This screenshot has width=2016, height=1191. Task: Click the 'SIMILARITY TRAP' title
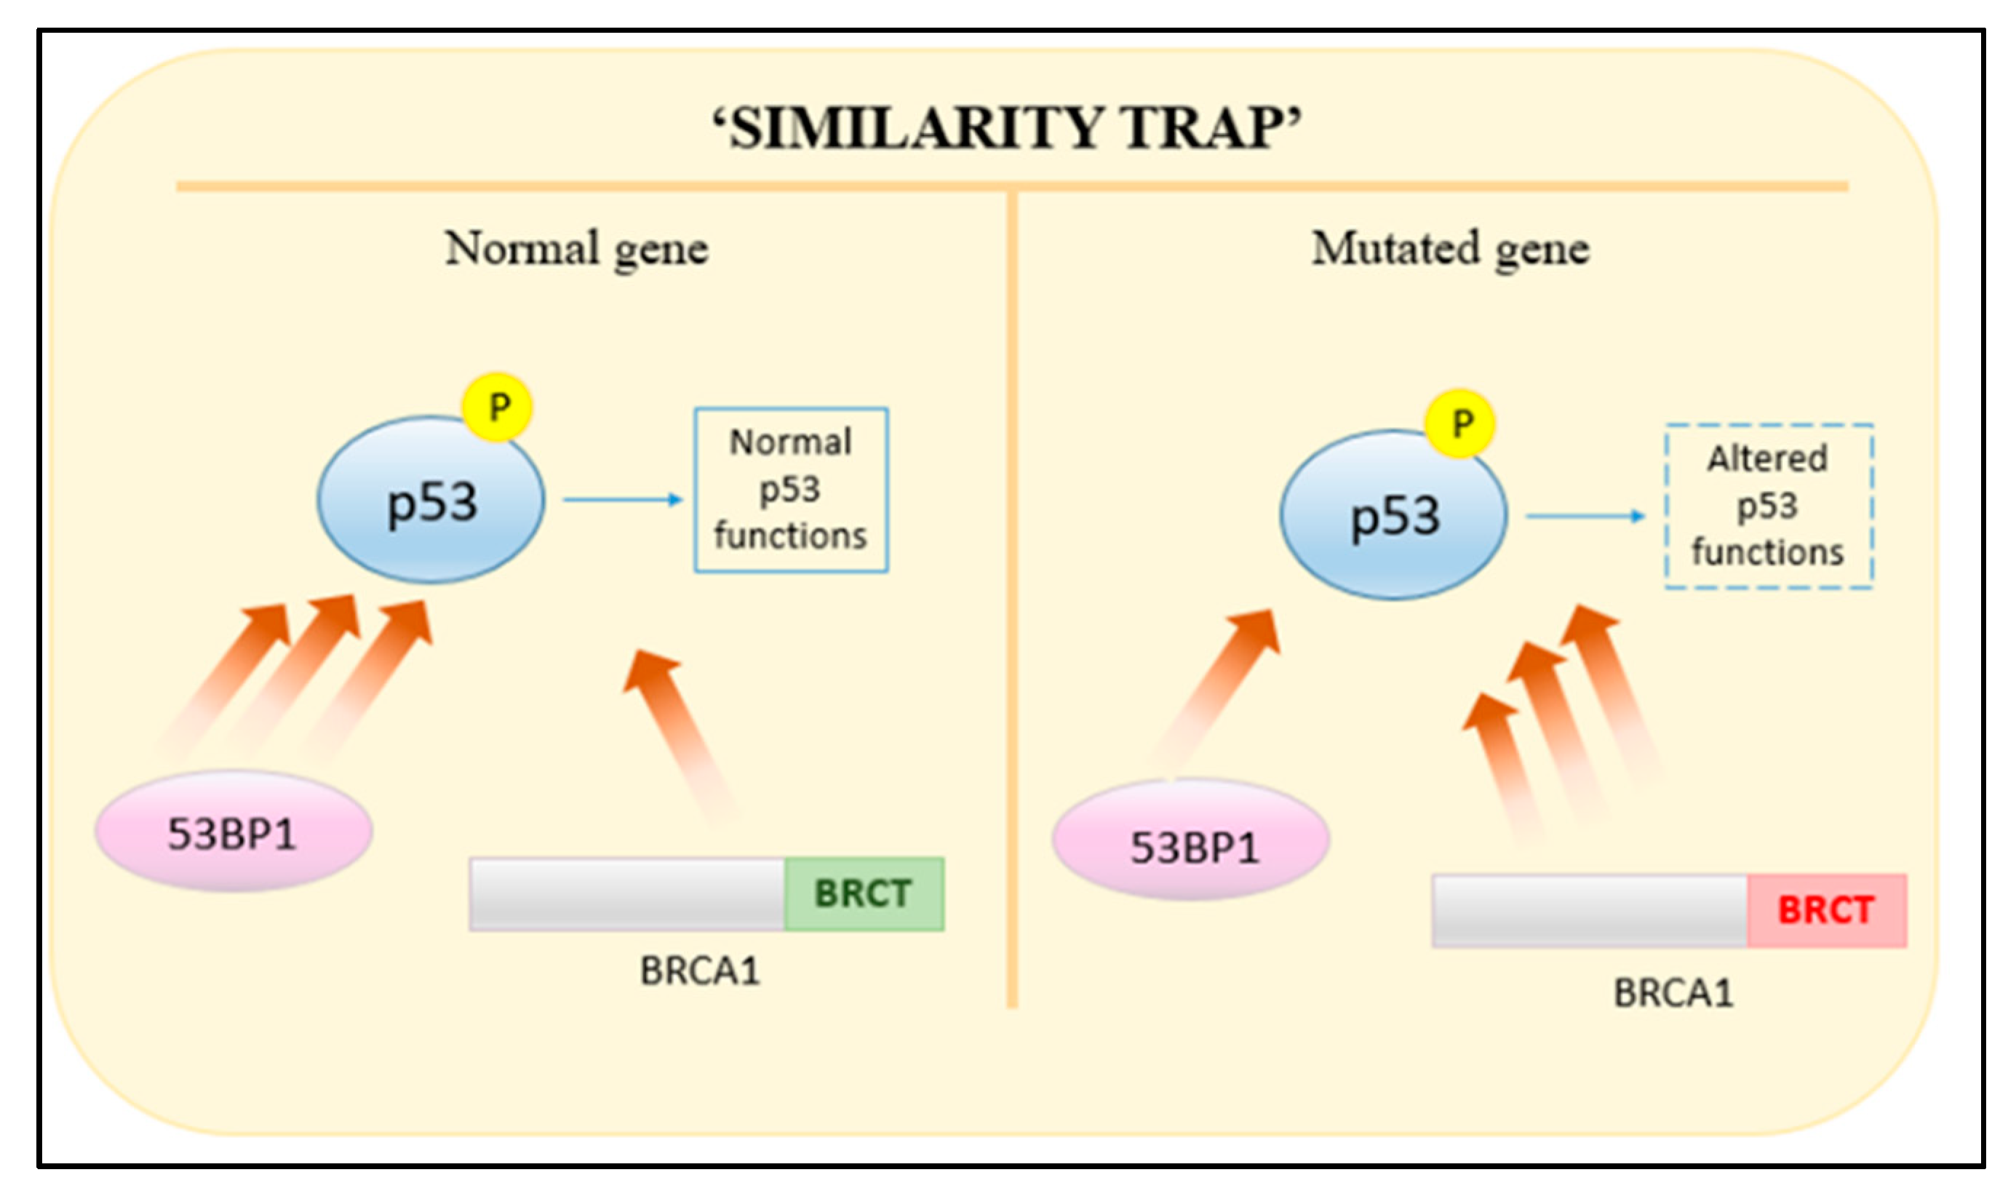(x=1006, y=128)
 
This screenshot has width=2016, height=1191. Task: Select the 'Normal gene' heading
(x=576, y=249)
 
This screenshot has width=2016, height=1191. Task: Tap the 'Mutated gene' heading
(x=1450, y=249)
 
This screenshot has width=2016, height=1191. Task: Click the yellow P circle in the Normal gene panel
(x=498, y=407)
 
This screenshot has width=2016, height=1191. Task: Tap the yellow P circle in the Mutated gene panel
(x=1461, y=423)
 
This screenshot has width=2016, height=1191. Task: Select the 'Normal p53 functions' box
(x=791, y=490)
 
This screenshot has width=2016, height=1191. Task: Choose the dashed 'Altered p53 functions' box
(x=1768, y=506)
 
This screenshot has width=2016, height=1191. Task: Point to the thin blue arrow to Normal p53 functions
(x=622, y=500)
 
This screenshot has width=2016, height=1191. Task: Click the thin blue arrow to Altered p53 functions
(x=1585, y=516)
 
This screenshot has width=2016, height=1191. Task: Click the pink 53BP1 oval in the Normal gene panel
(x=234, y=832)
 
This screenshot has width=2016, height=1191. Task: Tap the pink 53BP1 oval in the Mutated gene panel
(x=1192, y=840)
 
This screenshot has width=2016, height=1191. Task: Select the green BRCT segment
(x=864, y=893)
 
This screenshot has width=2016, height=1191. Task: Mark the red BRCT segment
(x=1826, y=910)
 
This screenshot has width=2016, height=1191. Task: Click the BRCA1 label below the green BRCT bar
(x=699, y=971)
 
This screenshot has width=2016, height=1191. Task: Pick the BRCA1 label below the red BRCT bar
(x=1673, y=993)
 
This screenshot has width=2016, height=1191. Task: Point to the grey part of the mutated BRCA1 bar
(x=1589, y=910)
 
